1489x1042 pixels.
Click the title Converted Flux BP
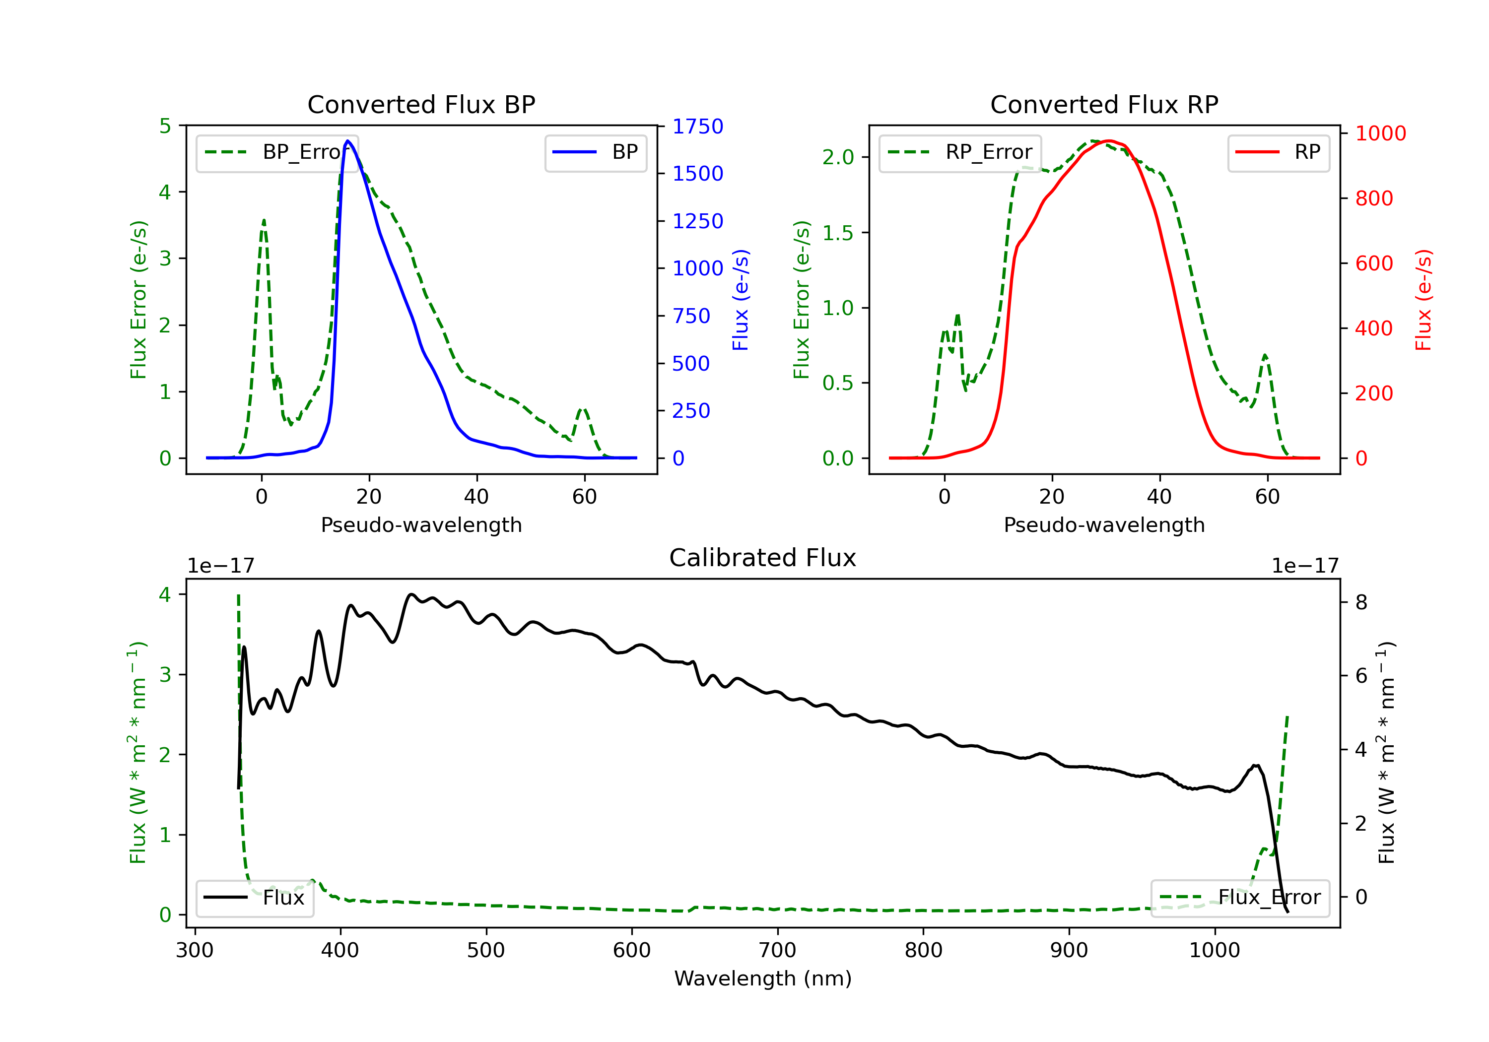(x=421, y=104)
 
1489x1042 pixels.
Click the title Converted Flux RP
(x=1104, y=104)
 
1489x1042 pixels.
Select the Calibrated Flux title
(x=763, y=558)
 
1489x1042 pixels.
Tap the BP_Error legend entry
(x=277, y=152)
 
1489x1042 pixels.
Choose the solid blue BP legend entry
(x=595, y=152)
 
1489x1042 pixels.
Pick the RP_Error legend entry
(x=960, y=152)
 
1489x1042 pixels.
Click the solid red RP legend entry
(x=1278, y=152)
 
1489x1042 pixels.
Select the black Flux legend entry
(x=254, y=898)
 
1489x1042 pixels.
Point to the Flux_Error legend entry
(x=1240, y=898)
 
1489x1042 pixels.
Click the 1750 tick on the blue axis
(x=698, y=127)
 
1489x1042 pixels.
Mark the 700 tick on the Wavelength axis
(x=778, y=951)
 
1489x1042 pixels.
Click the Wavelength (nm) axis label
(x=763, y=978)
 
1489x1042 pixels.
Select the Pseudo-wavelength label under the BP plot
(x=421, y=524)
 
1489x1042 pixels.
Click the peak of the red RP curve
(x=1109, y=141)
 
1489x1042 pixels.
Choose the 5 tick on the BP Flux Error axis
(x=165, y=126)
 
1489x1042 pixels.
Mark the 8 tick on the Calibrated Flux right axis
(x=1361, y=602)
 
